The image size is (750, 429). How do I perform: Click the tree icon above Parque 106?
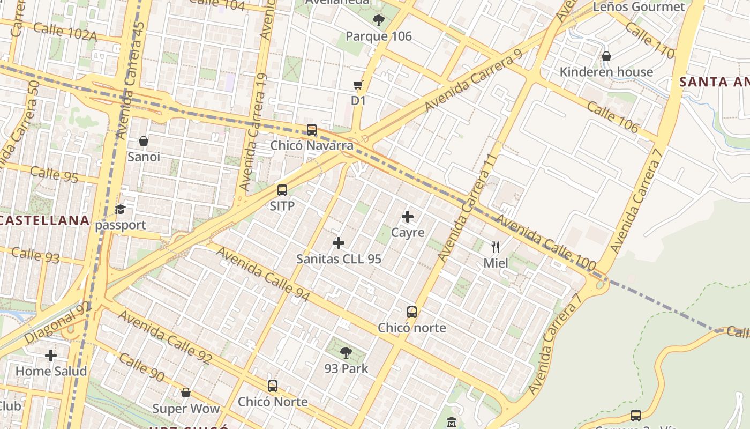click(x=379, y=21)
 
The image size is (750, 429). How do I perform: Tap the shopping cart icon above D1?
click(x=358, y=85)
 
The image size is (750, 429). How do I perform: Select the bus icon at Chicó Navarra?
click(x=312, y=130)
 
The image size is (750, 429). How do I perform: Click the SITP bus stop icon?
click(x=282, y=190)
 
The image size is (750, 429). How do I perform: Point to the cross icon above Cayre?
click(x=408, y=217)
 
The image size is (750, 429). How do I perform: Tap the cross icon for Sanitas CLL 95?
click(x=339, y=243)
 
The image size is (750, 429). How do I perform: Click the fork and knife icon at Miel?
click(x=496, y=247)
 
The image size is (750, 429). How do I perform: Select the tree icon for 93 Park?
click(x=346, y=353)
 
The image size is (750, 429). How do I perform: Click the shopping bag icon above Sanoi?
click(x=144, y=141)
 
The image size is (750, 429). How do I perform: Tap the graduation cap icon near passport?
click(x=121, y=209)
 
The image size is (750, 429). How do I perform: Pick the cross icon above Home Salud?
click(x=51, y=355)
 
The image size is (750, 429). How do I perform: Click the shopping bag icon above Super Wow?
click(x=186, y=393)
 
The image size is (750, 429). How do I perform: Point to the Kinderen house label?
click(x=606, y=72)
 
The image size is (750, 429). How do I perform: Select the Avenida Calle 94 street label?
click(x=263, y=274)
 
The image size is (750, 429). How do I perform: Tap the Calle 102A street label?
click(x=65, y=32)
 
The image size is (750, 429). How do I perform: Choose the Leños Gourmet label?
click(x=639, y=7)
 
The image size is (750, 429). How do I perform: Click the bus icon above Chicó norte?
click(x=411, y=312)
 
